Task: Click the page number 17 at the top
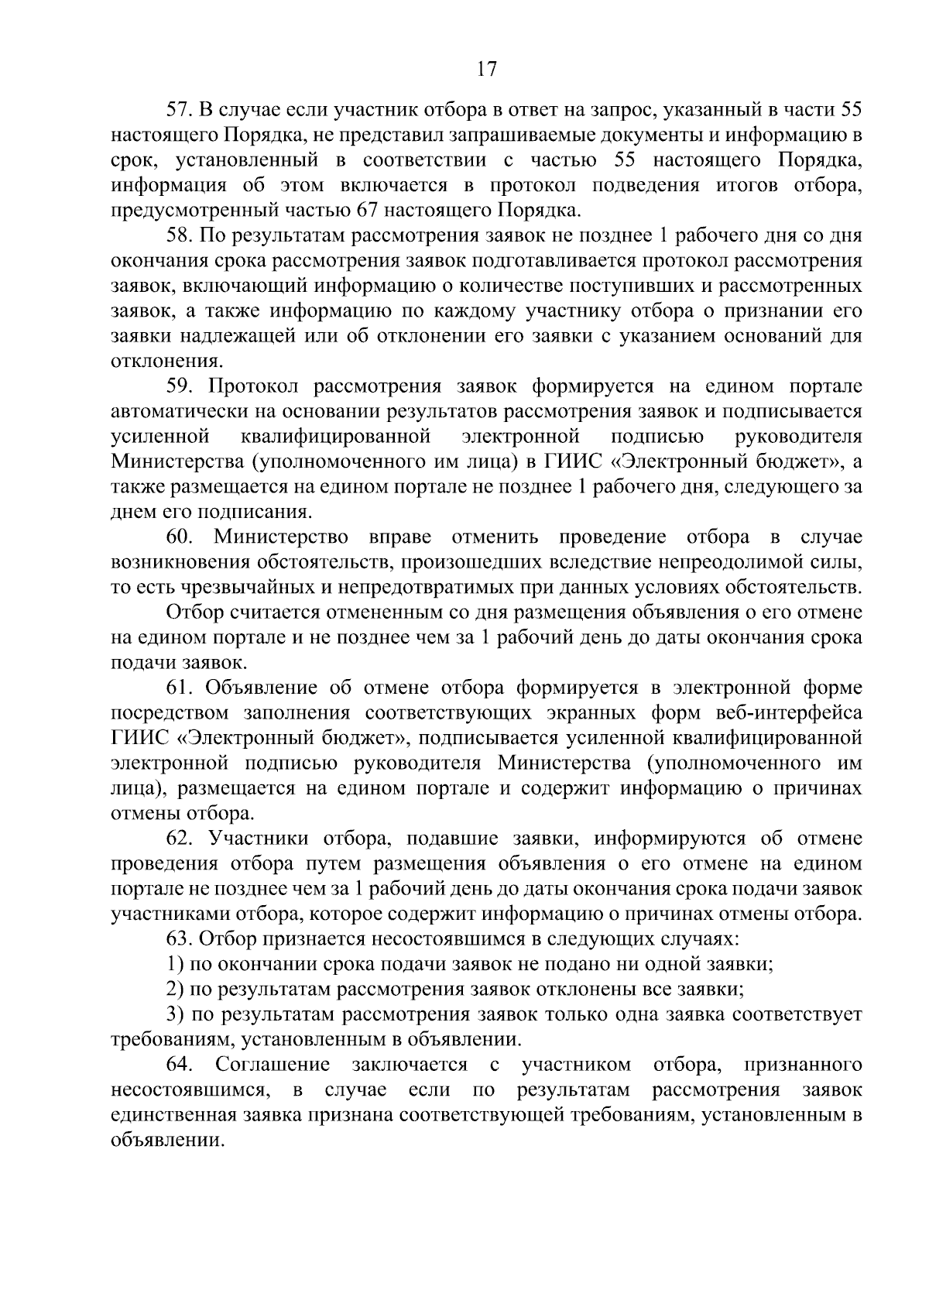pyautogui.click(x=485, y=70)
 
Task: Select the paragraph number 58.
pyautogui.click(x=180, y=235)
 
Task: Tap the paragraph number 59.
pyautogui.click(x=180, y=386)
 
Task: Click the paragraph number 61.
pyautogui.click(x=180, y=688)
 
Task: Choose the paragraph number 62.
pyautogui.click(x=180, y=839)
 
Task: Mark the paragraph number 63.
pyautogui.click(x=180, y=939)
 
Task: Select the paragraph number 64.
pyautogui.click(x=180, y=1065)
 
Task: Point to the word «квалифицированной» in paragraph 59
pyautogui.click(x=335, y=437)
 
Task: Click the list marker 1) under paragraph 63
pyautogui.click(x=175, y=964)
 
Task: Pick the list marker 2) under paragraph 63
pyautogui.click(x=175, y=990)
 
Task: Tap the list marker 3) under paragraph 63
pyautogui.click(x=175, y=1014)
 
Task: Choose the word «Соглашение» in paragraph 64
pyautogui.click(x=273, y=1065)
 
